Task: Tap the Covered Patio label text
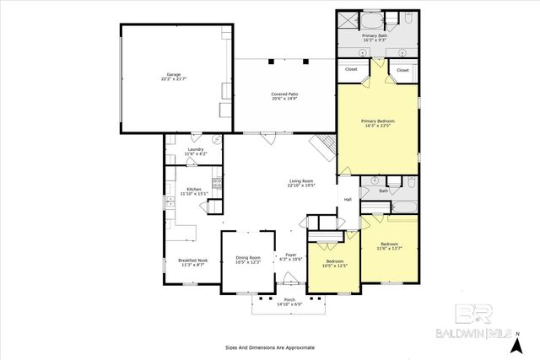pyautogui.click(x=285, y=94)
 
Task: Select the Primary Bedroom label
pyautogui.click(x=378, y=121)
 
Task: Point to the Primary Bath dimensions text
pyautogui.click(x=375, y=40)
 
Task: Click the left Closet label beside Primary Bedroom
pyautogui.click(x=351, y=70)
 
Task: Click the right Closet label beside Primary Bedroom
pyautogui.click(x=402, y=70)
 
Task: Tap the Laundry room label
pyautogui.click(x=195, y=148)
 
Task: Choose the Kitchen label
pyautogui.click(x=194, y=189)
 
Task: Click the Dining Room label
pyautogui.click(x=248, y=257)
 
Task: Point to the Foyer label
pyautogui.click(x=291, y=254)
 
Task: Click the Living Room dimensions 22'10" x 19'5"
pyautogui.click(x=301, y=185)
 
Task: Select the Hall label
pyautogui.click(x=347, y=200)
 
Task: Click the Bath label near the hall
pyautogui.click(x=383, y=191)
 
